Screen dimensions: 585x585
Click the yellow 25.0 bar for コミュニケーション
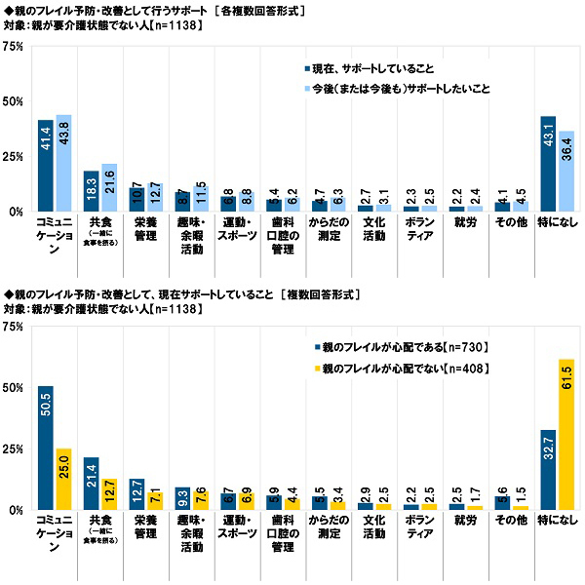coord(63,479)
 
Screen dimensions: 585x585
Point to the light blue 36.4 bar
coord(566,172)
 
